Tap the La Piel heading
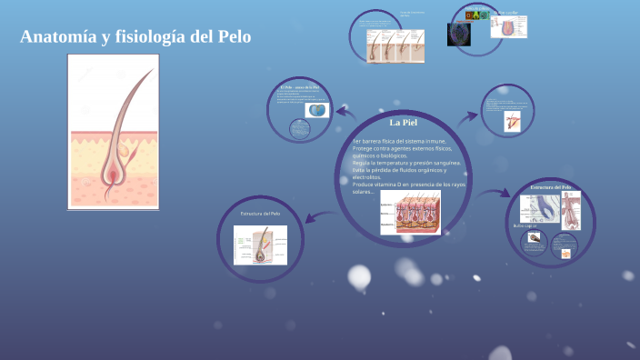pyautogui.click(x=402, y=122)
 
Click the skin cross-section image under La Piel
pyautogui.click(x=410, y=211)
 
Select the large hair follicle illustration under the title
pyautogui.click(x=113, y=132)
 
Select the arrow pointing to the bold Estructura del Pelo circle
pyautogui.click(x=495, y=194)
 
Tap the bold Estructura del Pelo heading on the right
pyautogui.click(x=551, y=187)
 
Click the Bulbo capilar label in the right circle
pyautogui.click(x=525, y=225)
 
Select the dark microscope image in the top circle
pyautogui.click(x=458, y=35)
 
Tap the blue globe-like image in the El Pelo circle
pyautogui.click(x=317, y=110)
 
